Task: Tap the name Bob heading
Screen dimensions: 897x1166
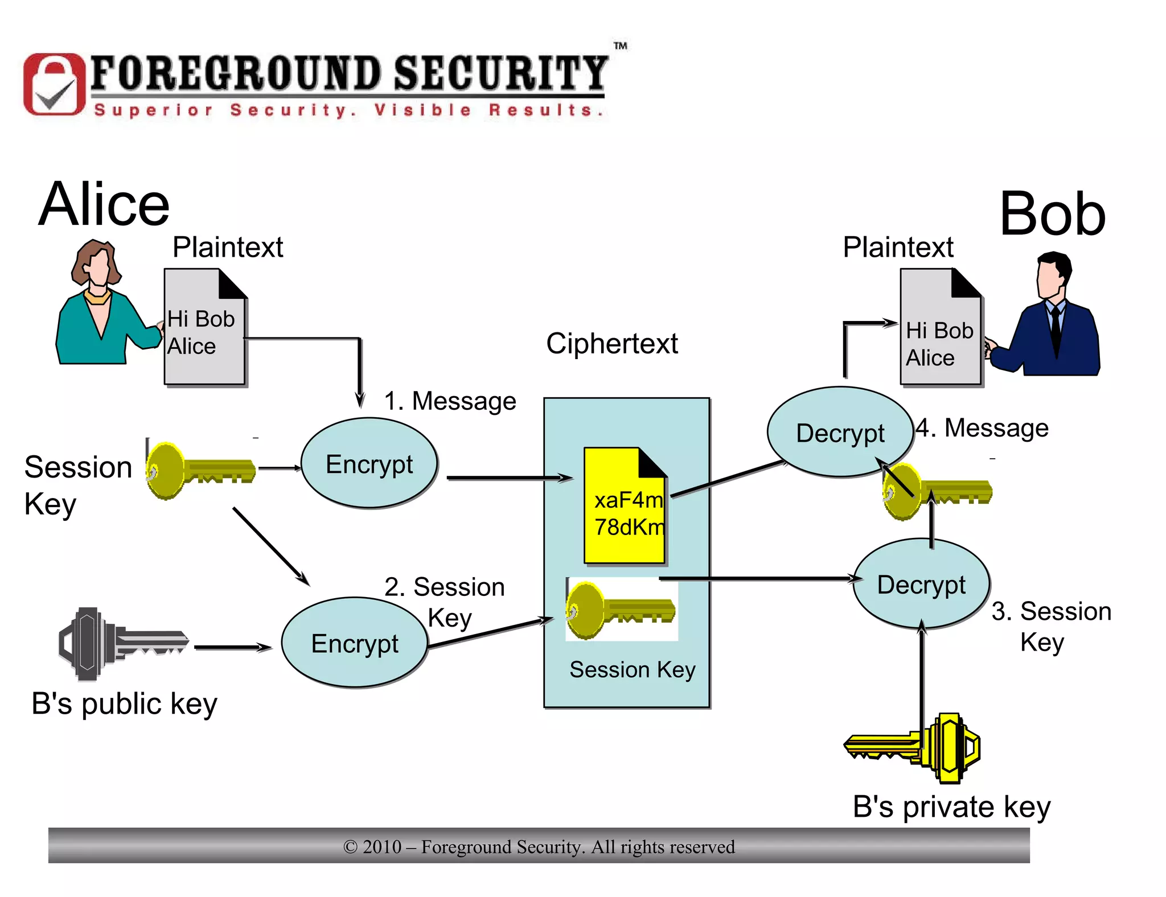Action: pos(1052,215)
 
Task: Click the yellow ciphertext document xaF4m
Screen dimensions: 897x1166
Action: pos(625,507)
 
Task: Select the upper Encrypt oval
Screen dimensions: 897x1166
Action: pos(369,463)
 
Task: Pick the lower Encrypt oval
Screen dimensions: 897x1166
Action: pos(354,643)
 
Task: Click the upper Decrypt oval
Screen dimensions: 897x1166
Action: pos(839,433)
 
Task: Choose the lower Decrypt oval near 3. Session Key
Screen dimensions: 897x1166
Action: pos(921,585)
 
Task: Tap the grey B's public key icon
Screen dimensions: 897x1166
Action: pos(122,644)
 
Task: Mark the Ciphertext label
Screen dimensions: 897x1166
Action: pos(611,344)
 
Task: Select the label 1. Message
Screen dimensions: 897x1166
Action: pos(450,401)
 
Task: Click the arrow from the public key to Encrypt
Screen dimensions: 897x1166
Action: pos(233,647)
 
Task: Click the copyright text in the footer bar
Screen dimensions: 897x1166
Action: pos(539,847)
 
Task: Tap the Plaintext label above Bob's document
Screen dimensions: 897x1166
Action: pos(897,247)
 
